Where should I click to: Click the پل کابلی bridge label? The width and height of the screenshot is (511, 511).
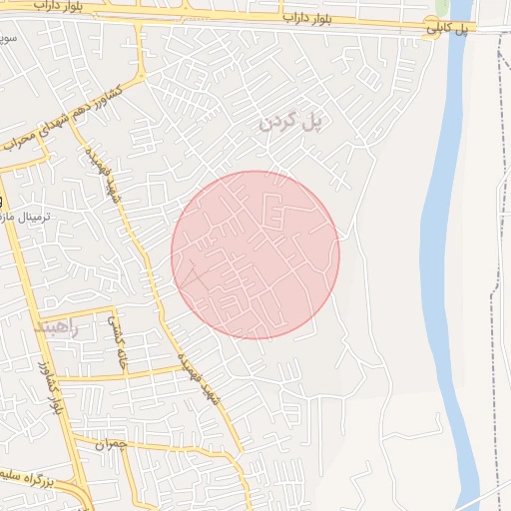click(x=448, y=29)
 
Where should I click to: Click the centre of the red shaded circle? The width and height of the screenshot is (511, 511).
click(x=255, y=255)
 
